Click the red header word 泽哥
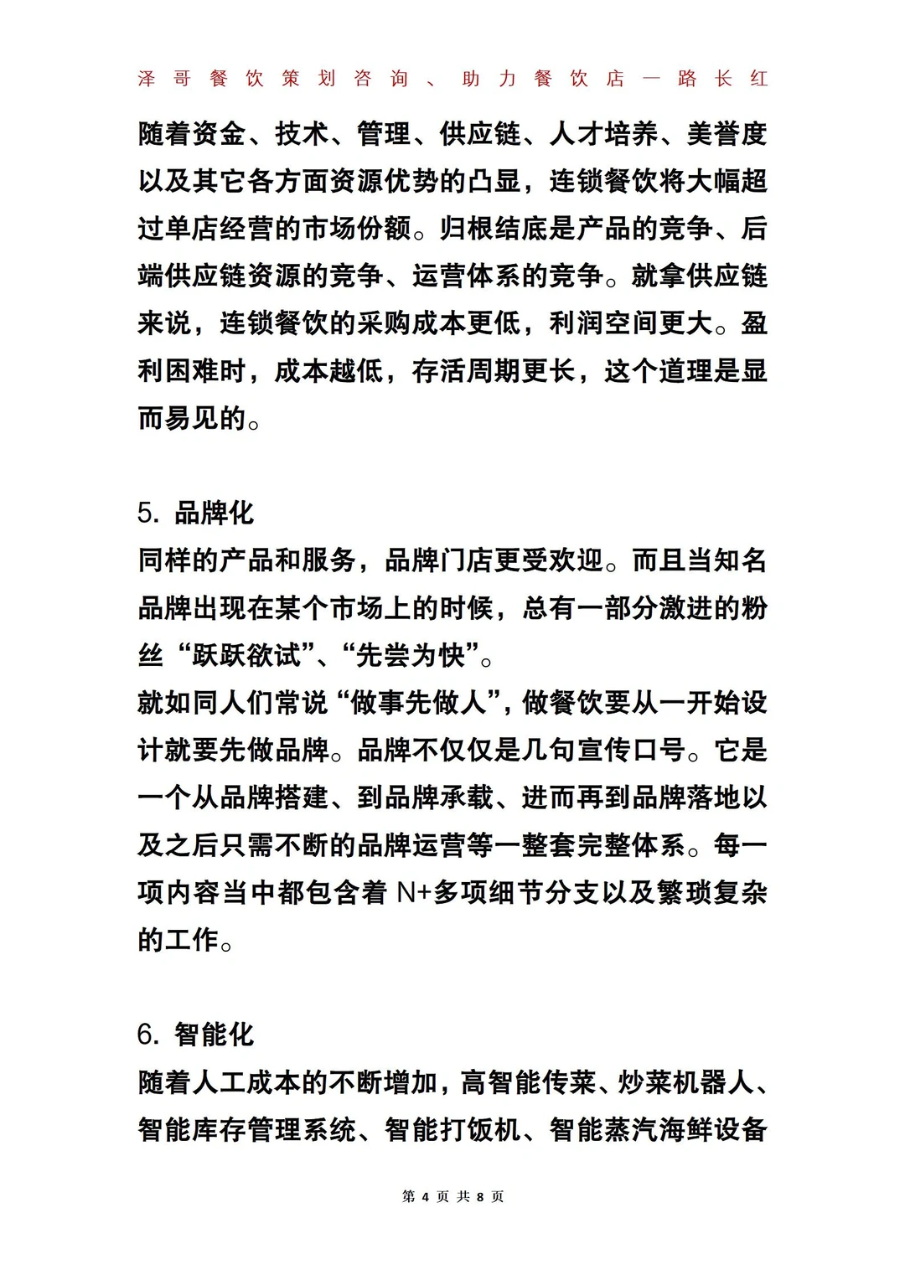pos(164,79)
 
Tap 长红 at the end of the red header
pos(742,79)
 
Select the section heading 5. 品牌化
pos(195,513)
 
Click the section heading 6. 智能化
pos(195,1035)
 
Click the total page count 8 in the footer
pos(480,1196)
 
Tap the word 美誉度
pos(727,134)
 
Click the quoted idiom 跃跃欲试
pos(246,655)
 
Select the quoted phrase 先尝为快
pos(411,655)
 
